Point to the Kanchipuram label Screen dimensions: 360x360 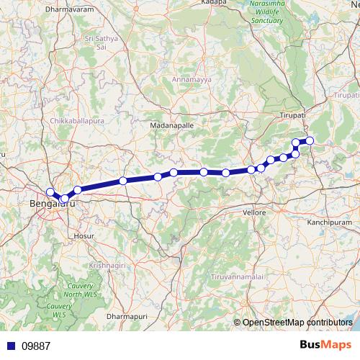click(x=328, y=223)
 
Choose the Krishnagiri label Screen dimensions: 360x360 click(x=106, y=266)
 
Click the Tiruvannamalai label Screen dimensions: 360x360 click(x=237, y=277)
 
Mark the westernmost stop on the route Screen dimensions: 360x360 click(x=50, y=192)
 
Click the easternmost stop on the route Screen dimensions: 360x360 click(x=310, y=140)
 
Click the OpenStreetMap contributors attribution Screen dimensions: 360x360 click(x=297, y=323)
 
